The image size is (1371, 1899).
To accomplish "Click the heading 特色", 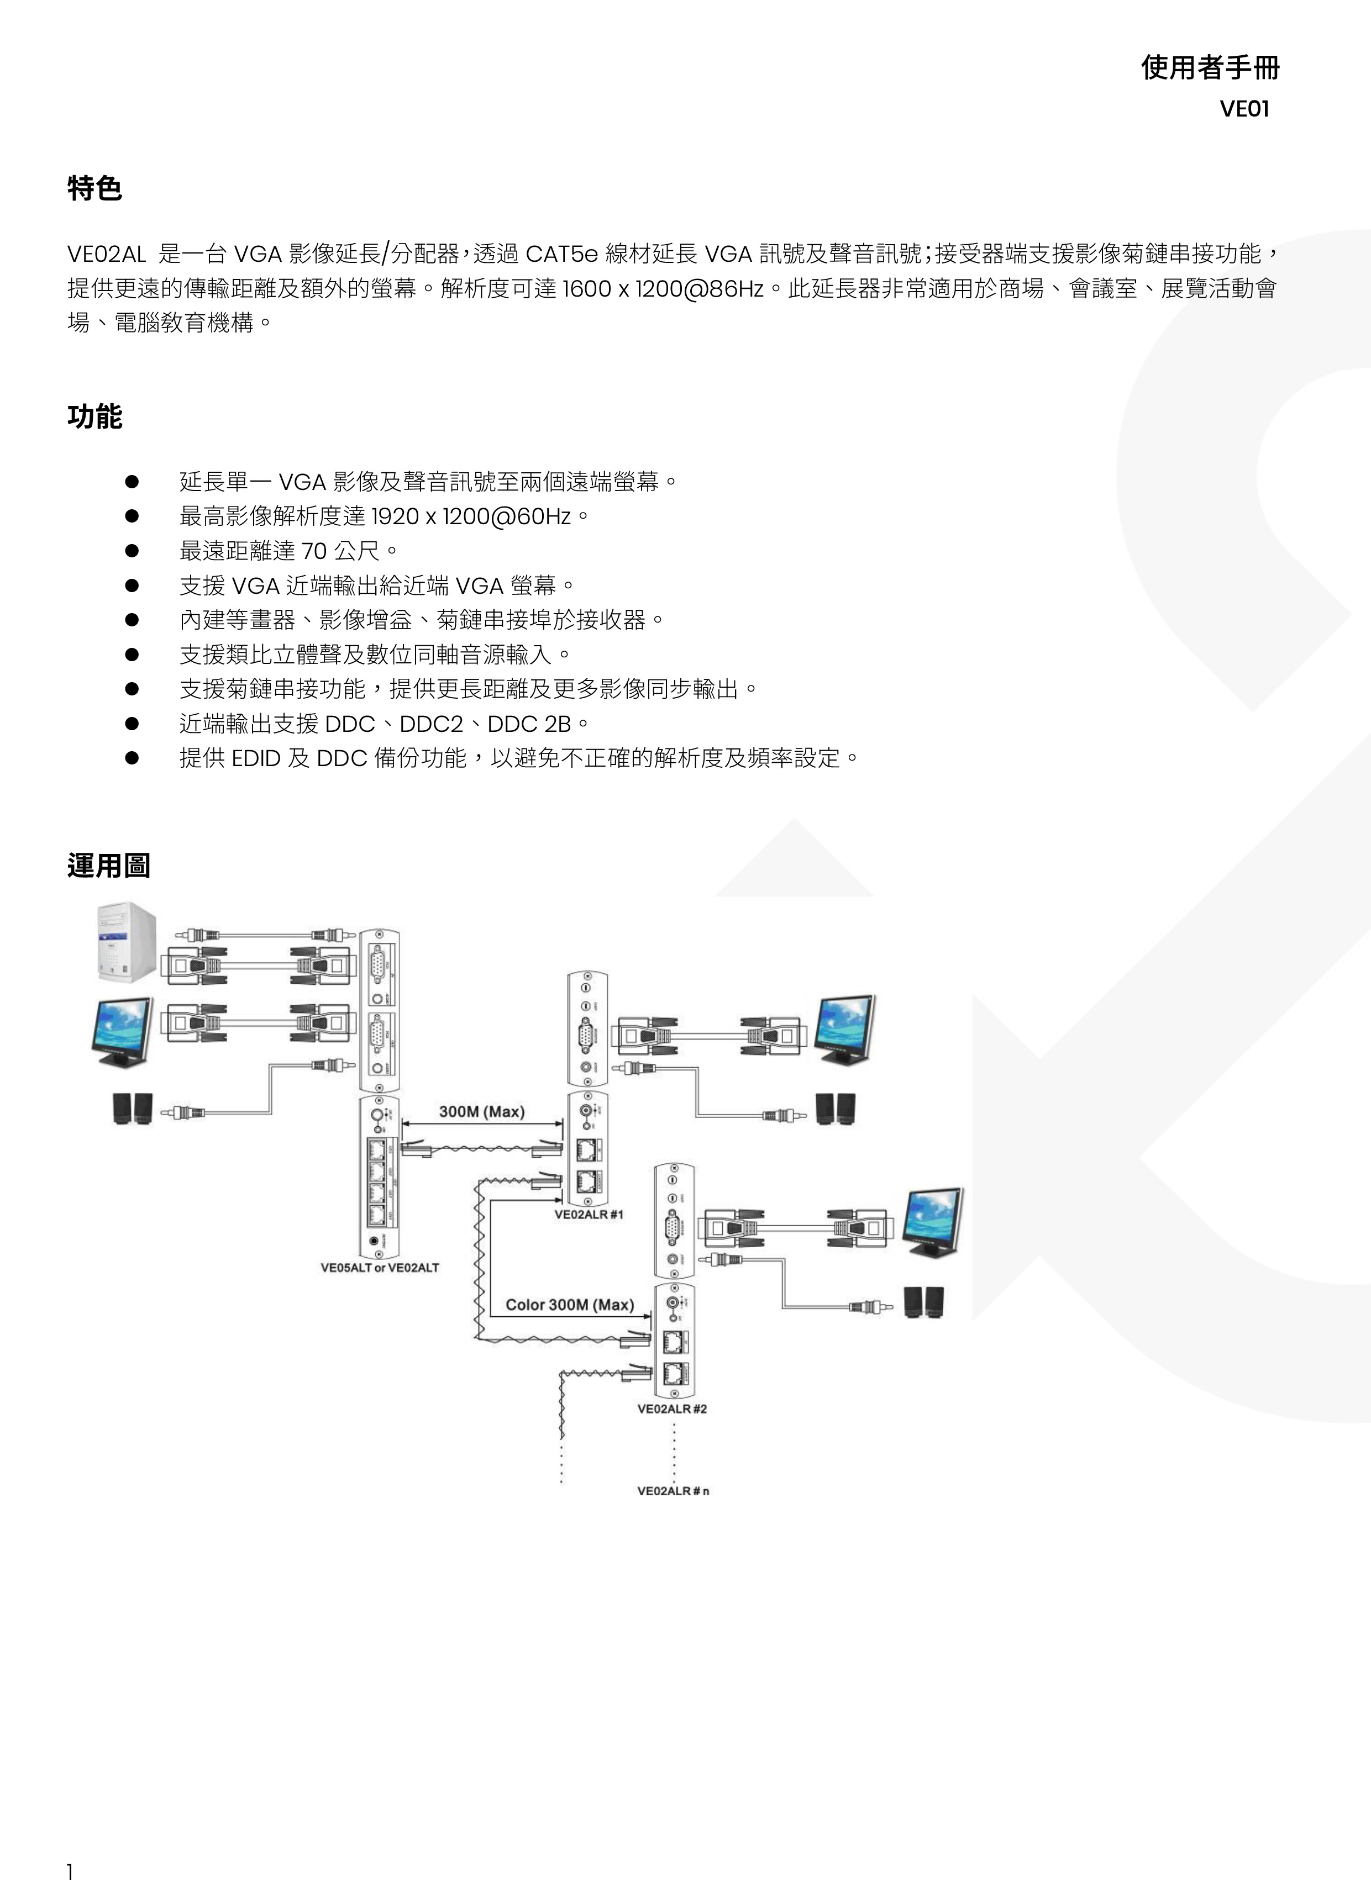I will coord(94,188).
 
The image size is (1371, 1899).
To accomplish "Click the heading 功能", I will coord(94,416).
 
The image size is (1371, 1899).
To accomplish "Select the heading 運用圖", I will coord(109,865).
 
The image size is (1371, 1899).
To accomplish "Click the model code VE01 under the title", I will coord(1244,110).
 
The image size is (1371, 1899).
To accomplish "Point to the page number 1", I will coord(70,1872).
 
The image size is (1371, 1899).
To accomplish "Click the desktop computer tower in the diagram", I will coord(125,941).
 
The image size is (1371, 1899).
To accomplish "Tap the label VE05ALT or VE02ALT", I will coord(380,1268).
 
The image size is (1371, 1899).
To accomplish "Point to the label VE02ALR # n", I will coord(673,1491).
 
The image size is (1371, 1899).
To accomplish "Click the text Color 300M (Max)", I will coord(570,1305).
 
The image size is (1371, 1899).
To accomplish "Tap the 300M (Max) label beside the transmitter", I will coord(481,1112).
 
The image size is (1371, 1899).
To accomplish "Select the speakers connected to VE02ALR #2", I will coord(924,1302).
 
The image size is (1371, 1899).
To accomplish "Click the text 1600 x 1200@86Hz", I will coord(663,289).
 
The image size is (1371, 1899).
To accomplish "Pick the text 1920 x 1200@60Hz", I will coord(471,516).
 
